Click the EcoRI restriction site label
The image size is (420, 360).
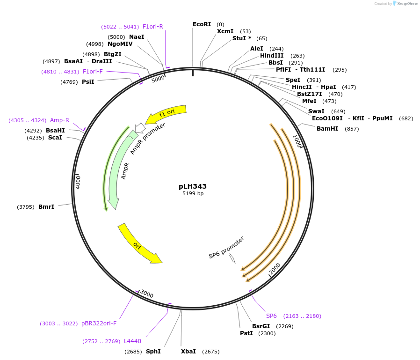pyautogui.click(x=202, y=24)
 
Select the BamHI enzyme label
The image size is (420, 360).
pyautogui.click(x=327, y=128)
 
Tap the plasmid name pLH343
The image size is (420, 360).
pyautogui.click(x=193, y=186)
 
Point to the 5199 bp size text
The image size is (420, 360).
pyautogui.click(x=193, y=193)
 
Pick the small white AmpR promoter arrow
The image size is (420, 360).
pyautogui.click(x=140, y=128)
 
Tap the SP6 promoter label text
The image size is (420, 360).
pyautogui.click(x=226, y=248)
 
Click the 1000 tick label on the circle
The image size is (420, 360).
pyautogui.click(x=297, y=141)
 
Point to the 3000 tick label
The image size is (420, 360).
pyautogui.click(x=147, y=294)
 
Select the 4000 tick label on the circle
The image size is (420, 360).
pyautogui.click(x=78, y=182)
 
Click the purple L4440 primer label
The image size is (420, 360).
pyautogui.click(x=132, y=341)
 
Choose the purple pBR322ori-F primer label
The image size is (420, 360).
pyautogui.click(x=99, y=323)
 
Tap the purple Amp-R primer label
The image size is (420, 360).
pyautogui.click(x=59, y=120)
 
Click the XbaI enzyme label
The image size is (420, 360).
pyautogui.click(x=188, y=351)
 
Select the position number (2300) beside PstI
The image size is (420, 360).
pyautogui.click(x=267, y=333)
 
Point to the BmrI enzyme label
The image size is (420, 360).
pyautogui.click(x=46, y=206)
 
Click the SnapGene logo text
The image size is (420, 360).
pyautogui.click(x=407, y=3)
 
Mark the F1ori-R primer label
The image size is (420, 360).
pyautogui.click(x=152, y=27)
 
